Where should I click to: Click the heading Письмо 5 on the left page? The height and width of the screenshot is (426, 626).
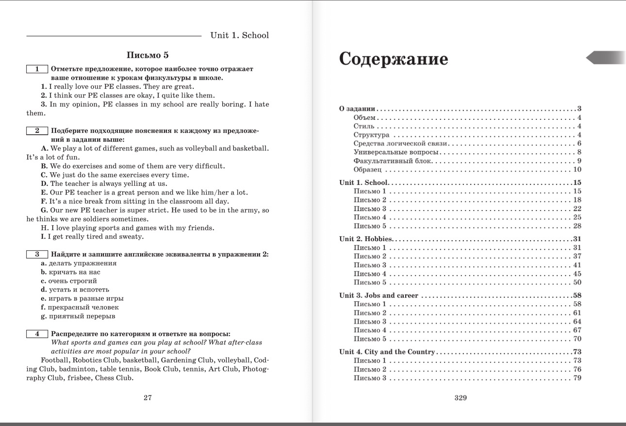(148, 55)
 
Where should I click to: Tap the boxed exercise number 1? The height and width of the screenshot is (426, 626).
(37, 69)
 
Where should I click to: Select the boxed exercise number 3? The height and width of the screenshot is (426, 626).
(37, 254)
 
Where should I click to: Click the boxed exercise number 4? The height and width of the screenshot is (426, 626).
(37, 334)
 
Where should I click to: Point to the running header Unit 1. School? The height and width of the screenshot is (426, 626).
(239, 35)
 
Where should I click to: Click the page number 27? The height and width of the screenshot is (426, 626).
(148, 397)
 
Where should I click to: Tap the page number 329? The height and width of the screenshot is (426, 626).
(461, 397)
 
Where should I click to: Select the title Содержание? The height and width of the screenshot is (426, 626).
(394, 59)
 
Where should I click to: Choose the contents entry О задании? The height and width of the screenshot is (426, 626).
(357, 109)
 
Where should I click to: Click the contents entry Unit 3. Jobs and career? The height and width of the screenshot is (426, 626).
(379, 295)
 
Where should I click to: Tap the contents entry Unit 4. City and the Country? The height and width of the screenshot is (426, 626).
(387, 352)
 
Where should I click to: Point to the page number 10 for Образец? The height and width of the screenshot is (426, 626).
(577, 169)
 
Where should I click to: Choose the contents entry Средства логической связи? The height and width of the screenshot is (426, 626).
(400, 144)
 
